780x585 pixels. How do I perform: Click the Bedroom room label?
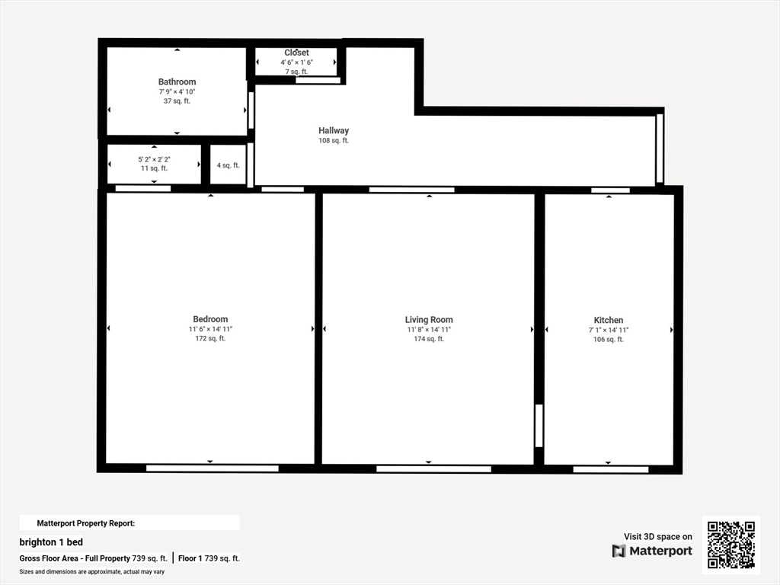(x=210, y=319)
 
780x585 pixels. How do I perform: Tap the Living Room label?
(x=429, y=320)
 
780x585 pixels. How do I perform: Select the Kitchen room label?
(x=609, y=320)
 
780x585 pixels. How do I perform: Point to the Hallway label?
(x=334, y=131)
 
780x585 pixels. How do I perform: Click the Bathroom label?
(x=177, y=82)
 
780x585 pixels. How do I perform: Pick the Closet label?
(x=296, y=53)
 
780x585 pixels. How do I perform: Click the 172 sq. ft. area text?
(x=210, y=339)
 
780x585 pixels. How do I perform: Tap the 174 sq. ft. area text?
(x=429, y=339)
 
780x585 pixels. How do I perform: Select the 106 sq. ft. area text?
(x=609, y=340)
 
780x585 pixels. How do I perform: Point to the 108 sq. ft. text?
(x=334, y=141)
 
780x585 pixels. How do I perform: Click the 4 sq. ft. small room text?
(x=228, y=165)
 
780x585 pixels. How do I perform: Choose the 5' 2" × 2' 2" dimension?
(x=154, y=159)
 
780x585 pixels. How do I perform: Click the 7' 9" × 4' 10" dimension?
(x=177, y=91)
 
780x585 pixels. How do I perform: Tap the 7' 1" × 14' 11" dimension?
(x=609, y=330)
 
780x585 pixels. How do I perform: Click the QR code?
(x=731, y=545)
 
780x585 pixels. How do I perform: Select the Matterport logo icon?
(x=619, y=551)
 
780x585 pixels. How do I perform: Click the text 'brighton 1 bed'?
(x=51, y=542)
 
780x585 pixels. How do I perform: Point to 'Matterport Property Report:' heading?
(x=86, y=523)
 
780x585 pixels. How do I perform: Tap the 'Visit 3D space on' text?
(x=658, y=536)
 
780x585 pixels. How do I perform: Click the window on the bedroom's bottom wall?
(x=212, y=468)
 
